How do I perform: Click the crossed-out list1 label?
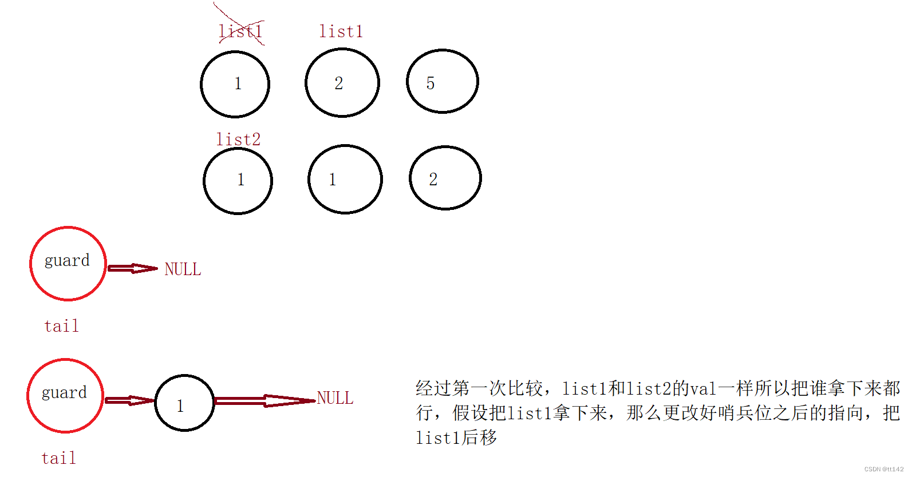click(240, 31)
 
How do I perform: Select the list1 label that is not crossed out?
click(341, 31)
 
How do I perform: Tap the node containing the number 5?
click(442, 81)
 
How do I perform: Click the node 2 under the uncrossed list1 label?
click(342, 83)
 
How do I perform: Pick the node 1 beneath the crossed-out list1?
click(235, 84)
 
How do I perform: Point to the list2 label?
click(238, 139)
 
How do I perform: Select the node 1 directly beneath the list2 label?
click(238, 180)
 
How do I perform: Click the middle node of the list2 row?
click(345, 179)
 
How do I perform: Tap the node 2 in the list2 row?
click(445, 178)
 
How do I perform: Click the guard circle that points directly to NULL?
click(68, 264)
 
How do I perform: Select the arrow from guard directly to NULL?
click(132, 268)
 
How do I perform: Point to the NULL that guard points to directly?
click(183, 269)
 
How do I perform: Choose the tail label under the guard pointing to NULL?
click(61, 326)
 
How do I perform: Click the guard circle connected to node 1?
click(65, 396)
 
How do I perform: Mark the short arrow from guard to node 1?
click(129, 400)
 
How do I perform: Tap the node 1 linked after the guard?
click(184, 403)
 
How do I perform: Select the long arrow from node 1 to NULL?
click(264, 400)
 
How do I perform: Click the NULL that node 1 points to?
click(335, 398)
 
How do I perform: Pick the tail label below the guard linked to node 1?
click(58, 458)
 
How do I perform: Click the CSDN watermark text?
click(883, 469)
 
